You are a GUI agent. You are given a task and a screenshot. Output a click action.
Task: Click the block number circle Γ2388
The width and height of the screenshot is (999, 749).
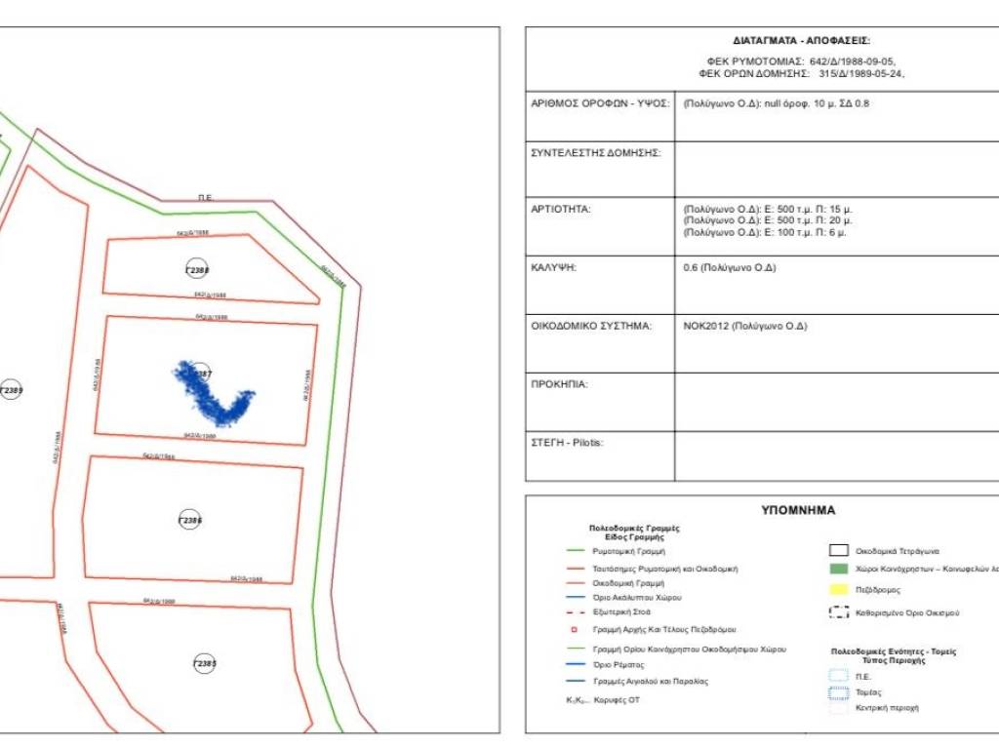[197, 269]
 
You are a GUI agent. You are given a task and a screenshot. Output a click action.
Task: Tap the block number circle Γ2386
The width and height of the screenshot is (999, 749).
[191, 520]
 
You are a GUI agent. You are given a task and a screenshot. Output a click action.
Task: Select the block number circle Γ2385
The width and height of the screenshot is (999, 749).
[204, 663]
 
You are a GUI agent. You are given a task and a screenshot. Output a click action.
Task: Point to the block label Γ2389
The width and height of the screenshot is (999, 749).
[11, 390]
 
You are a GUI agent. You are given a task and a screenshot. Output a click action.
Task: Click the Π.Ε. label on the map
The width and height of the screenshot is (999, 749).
[205, 198]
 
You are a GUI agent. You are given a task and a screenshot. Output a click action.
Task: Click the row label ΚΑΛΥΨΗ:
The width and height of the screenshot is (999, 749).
[553, 267]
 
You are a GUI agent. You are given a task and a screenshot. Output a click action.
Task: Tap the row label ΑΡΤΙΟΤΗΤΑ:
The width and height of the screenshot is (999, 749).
[561, 209]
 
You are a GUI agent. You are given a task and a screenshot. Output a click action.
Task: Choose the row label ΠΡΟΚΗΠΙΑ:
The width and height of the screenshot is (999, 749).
[559, 384]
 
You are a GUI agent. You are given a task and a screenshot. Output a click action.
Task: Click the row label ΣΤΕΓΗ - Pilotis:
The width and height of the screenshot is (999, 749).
[567, 442]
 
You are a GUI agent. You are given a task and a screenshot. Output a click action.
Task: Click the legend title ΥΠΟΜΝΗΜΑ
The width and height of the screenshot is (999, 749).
[798, 510]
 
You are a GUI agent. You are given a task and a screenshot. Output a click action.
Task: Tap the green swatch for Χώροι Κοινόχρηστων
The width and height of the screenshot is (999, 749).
[839, 569]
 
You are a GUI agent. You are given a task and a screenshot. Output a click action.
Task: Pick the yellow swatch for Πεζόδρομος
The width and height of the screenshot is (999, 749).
[839, 589]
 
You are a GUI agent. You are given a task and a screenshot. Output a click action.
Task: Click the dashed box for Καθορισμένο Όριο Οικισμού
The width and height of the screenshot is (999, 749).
[839, 612]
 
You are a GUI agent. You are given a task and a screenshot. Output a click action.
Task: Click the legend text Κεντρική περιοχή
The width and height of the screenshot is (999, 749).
[887, 707]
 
